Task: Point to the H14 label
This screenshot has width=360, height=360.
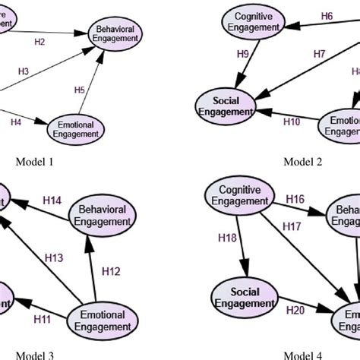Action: click(x=52, y=200)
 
